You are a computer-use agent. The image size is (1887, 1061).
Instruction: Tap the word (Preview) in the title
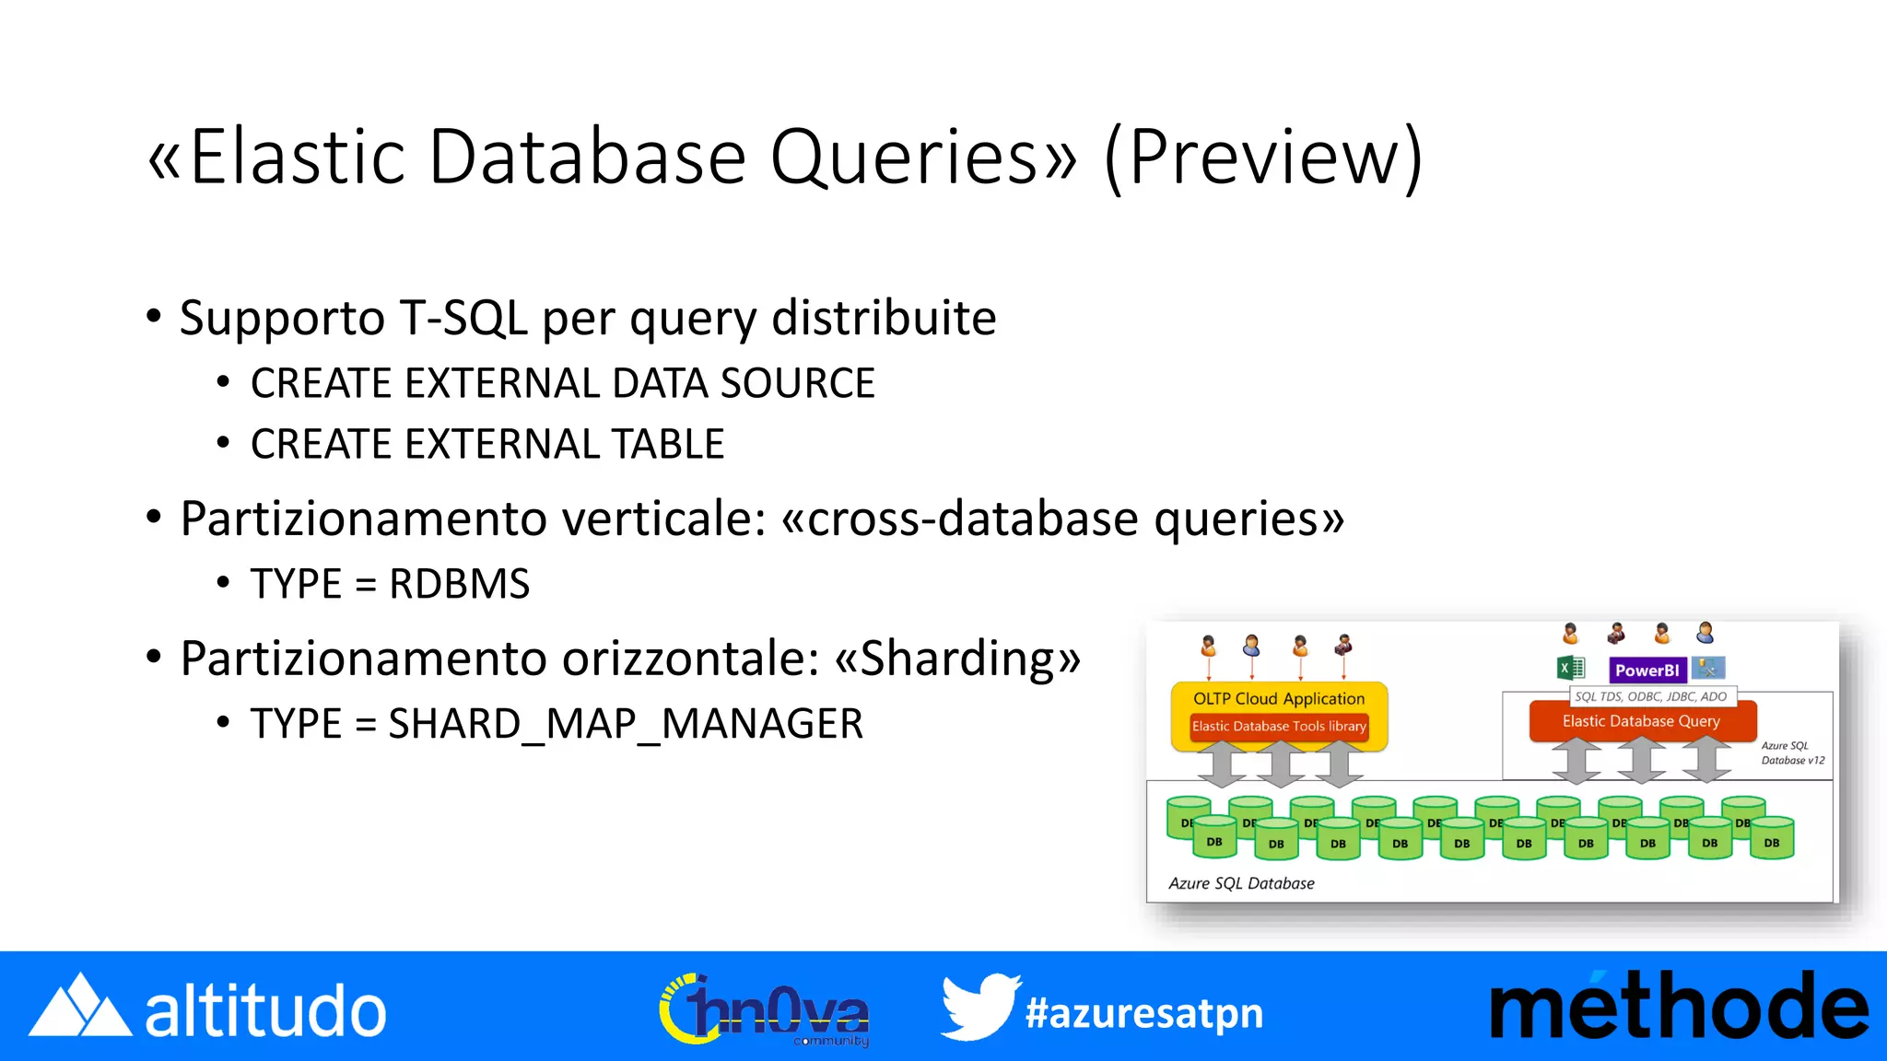tap(1264, 158)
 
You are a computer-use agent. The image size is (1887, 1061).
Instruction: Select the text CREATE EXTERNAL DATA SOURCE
tap(562, 384)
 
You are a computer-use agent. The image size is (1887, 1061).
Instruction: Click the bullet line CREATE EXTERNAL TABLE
tap(486, 445)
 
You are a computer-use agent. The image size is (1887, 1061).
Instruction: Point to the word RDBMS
tap(459, 584)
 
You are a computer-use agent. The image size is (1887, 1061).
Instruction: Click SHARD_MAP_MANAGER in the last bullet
tap(626, 724)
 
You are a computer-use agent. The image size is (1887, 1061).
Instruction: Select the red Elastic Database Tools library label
tap(1278, 727)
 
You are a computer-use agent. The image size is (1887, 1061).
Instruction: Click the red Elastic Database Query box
tap(1641, 721)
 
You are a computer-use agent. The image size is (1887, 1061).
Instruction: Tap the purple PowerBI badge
tap(1647, 670)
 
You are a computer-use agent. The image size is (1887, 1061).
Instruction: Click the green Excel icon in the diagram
tap(1570, 669)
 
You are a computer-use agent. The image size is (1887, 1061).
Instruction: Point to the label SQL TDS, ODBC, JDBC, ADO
tap(1650, 697)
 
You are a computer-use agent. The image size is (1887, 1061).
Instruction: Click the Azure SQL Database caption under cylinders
tap(1241, 883)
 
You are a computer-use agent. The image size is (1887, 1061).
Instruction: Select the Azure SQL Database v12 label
tap(1792, 753)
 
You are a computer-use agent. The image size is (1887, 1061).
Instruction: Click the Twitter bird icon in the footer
tap(979, 1008)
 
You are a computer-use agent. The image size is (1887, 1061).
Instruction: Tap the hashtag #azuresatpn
tap(1143, 1013)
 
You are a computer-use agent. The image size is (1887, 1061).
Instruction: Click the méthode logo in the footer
tap(1678, 1008)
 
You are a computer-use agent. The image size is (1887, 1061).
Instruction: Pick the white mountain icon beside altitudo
tap(80, 1008)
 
